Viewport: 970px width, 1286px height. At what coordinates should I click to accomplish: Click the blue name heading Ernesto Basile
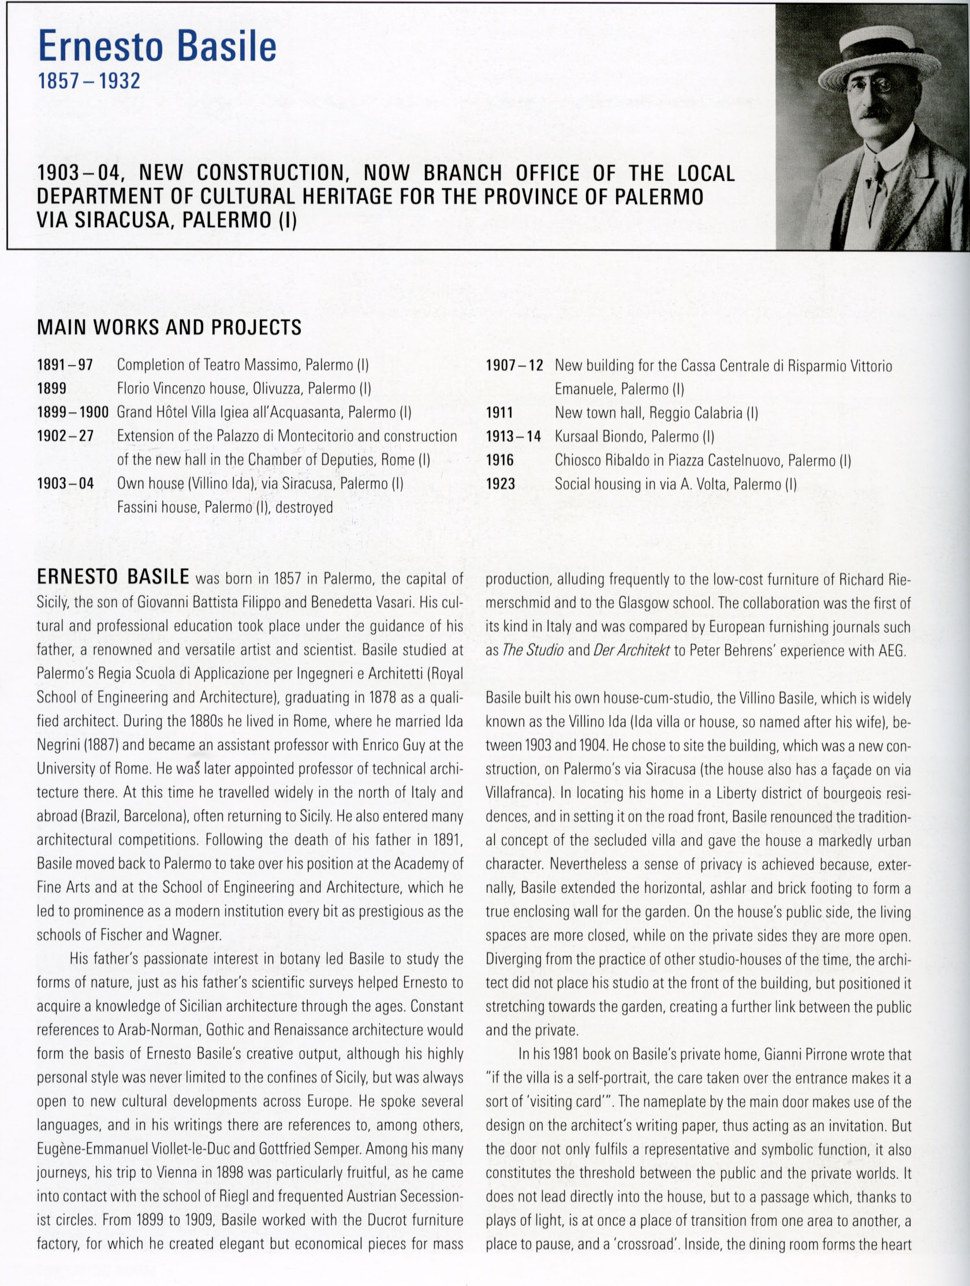click(x=157, y=47)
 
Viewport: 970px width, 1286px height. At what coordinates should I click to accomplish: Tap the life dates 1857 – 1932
click(x=88, y=81)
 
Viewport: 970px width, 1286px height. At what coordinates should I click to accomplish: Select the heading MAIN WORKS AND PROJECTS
click(x=169, y=328)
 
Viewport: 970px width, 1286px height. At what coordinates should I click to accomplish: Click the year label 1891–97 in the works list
click(x=65, y=365)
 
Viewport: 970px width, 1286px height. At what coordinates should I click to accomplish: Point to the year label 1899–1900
click(x=73, y=412)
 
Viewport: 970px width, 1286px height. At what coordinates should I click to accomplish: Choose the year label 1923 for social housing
click(x=501, y=484)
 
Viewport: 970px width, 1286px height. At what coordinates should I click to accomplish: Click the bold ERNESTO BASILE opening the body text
click(x=113, y=577)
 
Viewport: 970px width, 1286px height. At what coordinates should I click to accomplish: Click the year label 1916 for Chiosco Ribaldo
click(x=500, y=460)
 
